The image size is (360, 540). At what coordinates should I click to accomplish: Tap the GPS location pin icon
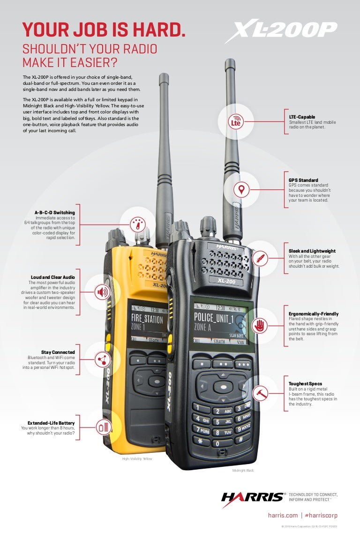click(x=241, y=190)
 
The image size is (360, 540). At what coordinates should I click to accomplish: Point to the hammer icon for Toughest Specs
click(x=259, y=393)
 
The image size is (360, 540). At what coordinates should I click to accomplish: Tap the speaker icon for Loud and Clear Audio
click(x=102, y=292)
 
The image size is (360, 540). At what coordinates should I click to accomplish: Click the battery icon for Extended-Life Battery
click(x=103, y=427)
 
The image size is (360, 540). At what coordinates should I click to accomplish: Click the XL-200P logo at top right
click(x=281, y=32)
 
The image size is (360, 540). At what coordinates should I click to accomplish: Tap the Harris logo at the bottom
click(x=253, y=498)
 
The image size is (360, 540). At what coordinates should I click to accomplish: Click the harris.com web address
click(x=283, y=516)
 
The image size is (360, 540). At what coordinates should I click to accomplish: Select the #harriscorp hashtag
click(x=321, y=516)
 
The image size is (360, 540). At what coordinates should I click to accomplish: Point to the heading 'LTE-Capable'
click(x=302, y=117)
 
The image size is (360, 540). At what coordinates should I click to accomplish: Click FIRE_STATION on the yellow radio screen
click(x=147, y=320)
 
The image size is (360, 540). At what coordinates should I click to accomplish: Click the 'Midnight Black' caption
click(x=243, y=470)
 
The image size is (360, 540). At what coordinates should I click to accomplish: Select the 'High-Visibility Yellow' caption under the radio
click(x=137, y=459)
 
